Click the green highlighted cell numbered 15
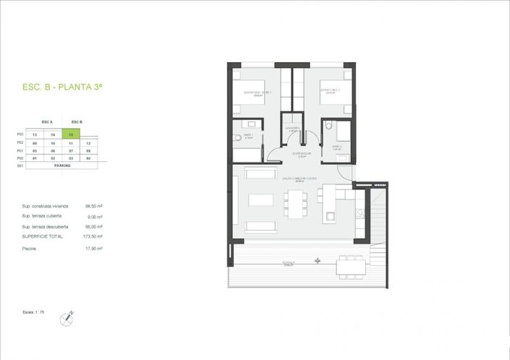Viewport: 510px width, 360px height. point(71,134)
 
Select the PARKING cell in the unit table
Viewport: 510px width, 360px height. point(61,166)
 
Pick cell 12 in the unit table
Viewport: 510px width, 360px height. point(87,143)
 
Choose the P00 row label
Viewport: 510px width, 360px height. point(20,158)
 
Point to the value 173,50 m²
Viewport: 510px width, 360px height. point(93,236)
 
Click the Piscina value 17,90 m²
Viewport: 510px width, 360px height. point(93,248)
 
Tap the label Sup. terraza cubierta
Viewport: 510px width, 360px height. point(42,216)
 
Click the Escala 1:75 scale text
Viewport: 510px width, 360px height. point(33,312)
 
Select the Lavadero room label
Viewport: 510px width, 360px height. point(292,130)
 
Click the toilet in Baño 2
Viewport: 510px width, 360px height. point(328,126)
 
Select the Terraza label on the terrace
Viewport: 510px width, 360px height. point(289,262)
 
